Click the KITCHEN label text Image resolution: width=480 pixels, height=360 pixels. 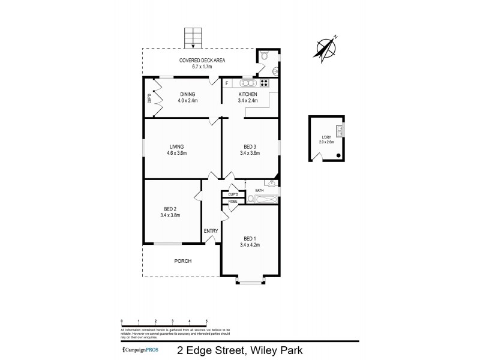tap(248, 95)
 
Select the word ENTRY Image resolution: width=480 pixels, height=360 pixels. tap(211, 230)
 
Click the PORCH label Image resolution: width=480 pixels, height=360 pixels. tap(182, 261)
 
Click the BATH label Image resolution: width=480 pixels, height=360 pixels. tap(259, 190)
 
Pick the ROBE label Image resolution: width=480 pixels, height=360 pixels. tap(232, 202)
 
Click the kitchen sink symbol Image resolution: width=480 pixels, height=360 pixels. tap(248, 83)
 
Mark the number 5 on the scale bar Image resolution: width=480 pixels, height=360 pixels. tap(207, 322)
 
